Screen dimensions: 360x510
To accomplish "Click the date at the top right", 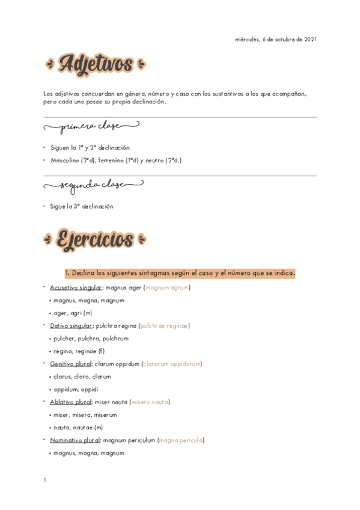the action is point(275,40).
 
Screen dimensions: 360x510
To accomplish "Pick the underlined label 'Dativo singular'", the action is point(67,326).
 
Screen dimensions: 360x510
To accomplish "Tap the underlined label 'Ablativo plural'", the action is point(70,402).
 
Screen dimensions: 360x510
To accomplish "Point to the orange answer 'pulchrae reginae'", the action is point(164,326).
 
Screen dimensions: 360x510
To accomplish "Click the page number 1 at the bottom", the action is point(45,480).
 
